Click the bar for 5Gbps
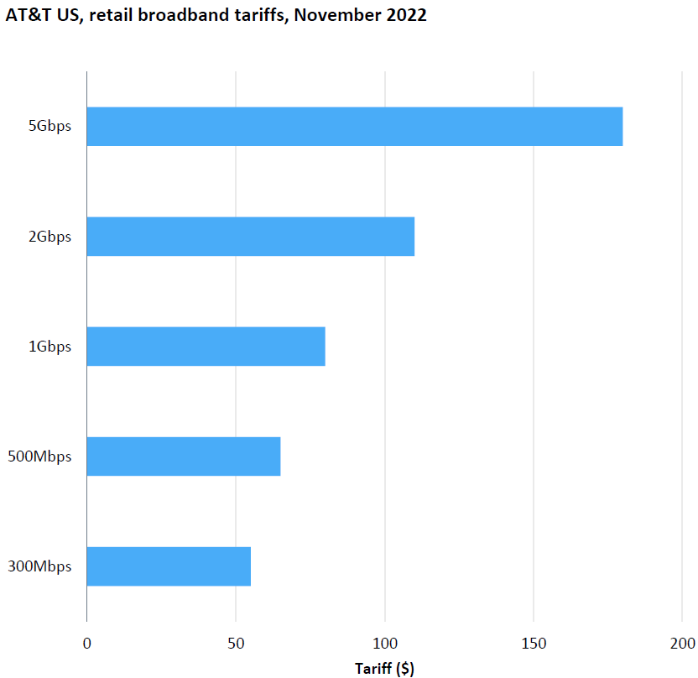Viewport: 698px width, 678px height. [354, 127]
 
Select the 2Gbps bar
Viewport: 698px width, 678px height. [250, 237]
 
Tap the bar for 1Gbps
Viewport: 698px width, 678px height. [206, 347]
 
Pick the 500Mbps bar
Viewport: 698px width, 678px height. [183, 456]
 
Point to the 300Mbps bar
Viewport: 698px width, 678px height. [169, 566]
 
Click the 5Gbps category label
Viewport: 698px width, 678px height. [49, 127]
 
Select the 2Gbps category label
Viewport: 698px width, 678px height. [49, 237]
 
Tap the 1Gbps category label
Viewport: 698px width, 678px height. [49, 347]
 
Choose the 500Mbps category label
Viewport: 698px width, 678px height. [40, 456]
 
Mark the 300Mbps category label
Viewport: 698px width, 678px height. [40, 566]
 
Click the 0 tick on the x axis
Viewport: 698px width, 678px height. [86, 644]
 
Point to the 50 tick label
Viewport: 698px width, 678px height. [236, 644]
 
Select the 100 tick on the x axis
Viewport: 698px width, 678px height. [384, 644]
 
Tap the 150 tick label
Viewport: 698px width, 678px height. [534, 644]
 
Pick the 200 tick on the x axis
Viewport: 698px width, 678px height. [682, 644]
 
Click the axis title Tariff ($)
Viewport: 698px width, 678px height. [384, 668]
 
